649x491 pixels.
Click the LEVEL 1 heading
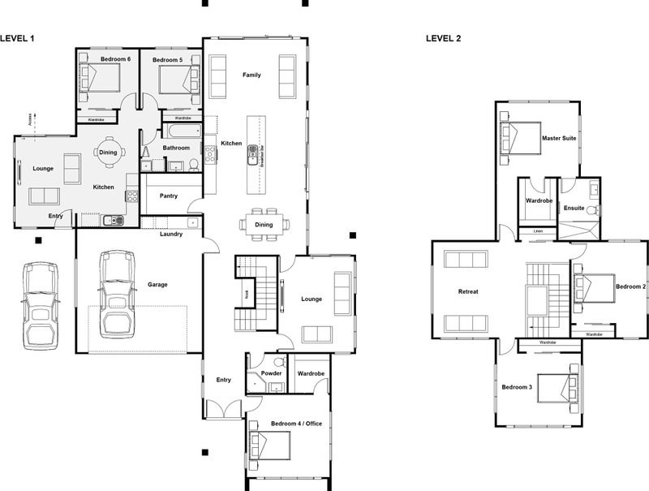point(16,38)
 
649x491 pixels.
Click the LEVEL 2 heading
point(445,38)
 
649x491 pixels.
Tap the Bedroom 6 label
point(115,59)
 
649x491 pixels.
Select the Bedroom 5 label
point(170,59)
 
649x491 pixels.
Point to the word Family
point(251,75)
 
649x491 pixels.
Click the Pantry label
point(169,196)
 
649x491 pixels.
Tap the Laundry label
point(170,234)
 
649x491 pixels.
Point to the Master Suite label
point(559,139)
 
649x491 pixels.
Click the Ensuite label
point(574,208)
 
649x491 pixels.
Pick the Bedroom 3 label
point(517,387)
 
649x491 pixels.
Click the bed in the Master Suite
point(519,138)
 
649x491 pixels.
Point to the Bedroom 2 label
point(630,286)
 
